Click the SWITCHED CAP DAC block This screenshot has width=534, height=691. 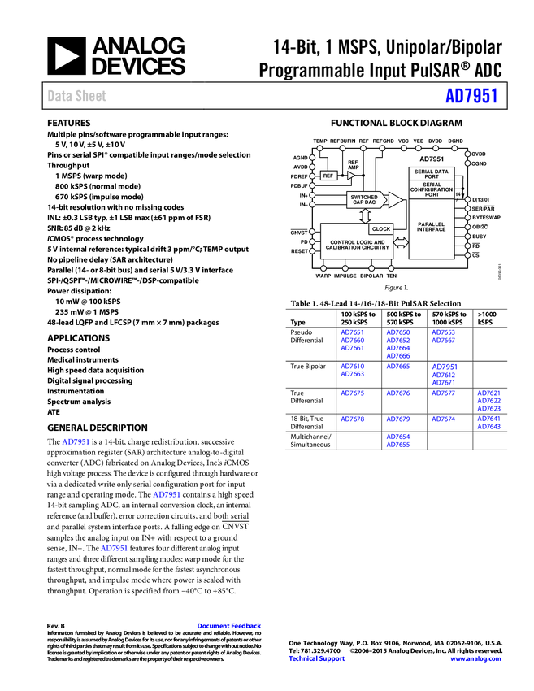tap(365, 199)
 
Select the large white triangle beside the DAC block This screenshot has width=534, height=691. tap(395, 200)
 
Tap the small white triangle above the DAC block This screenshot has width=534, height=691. tap(351, 175)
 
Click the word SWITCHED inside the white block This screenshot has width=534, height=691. tap(364, 197)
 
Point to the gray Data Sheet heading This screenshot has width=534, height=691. tap(77, 96)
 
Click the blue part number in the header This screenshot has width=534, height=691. tap(471, 96)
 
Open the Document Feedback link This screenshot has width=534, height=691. tap(230, 626)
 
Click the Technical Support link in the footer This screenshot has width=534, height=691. tap(317, 658)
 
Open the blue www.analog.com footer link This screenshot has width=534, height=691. tap(475, 658)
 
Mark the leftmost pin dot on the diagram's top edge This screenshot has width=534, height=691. tap(319, 148)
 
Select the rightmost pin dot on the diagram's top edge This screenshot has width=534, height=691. tap(454, 148)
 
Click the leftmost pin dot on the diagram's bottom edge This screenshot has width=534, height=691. tap(323, 268)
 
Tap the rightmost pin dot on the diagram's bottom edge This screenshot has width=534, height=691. tap(391, 268)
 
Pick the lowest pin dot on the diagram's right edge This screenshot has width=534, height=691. tap(467, 255)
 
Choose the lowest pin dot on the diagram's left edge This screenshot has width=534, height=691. tap(312, 251)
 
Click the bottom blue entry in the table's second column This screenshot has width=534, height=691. tap(398, 441)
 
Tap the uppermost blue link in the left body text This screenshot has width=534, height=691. tap(76, 441)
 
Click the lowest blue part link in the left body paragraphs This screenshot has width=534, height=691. tap(114, 549)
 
